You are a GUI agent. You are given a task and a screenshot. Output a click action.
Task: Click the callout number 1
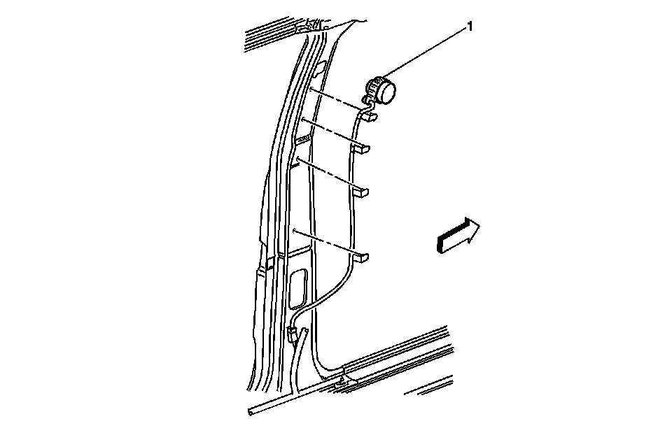click(x=470, y=27)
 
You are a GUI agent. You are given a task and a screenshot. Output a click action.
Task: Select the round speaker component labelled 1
click(x=383, y=91)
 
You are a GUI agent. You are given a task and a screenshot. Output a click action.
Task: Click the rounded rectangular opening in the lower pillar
click(x=297, y=289)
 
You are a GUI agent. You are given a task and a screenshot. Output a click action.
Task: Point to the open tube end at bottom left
click(x=251, y=413)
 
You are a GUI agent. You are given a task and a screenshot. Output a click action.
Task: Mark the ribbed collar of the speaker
click(x=376, y=90)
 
